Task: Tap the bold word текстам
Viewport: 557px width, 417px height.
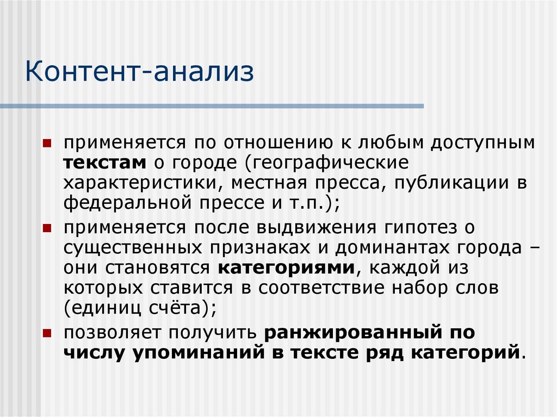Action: (x=104, y=163)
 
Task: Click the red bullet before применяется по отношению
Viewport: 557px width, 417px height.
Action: (x=47, y=143)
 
